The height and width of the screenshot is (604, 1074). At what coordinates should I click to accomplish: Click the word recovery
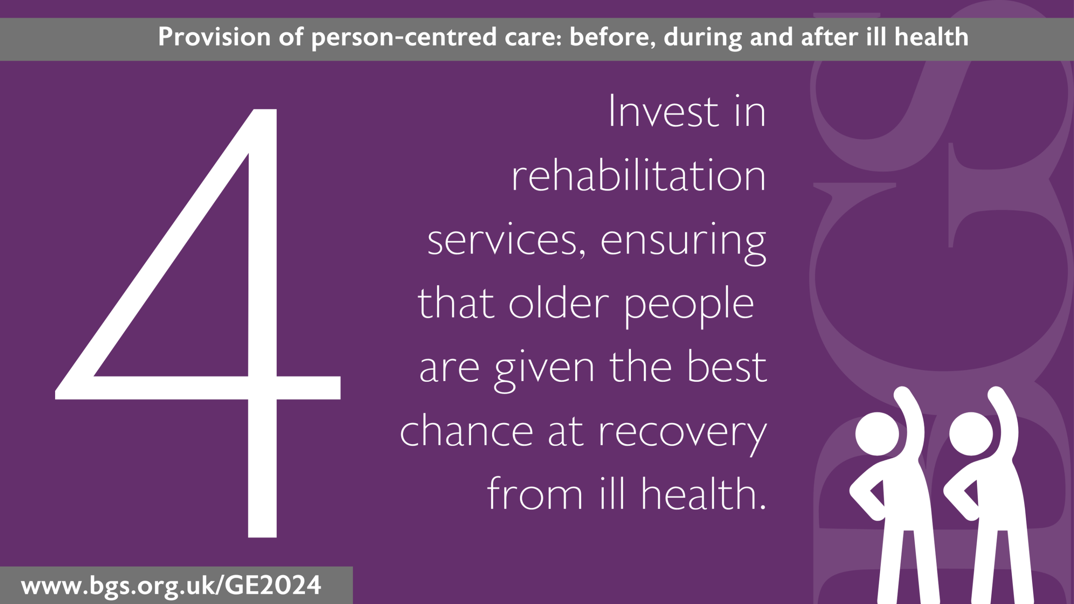click(x=683, y=436)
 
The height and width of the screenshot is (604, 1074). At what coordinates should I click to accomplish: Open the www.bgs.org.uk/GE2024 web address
click(x=171, y=586)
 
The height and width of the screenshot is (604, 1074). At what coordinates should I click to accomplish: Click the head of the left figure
click(x=877, y=433)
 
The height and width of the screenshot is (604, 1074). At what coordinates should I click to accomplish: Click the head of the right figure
click(x=971, y=433)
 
